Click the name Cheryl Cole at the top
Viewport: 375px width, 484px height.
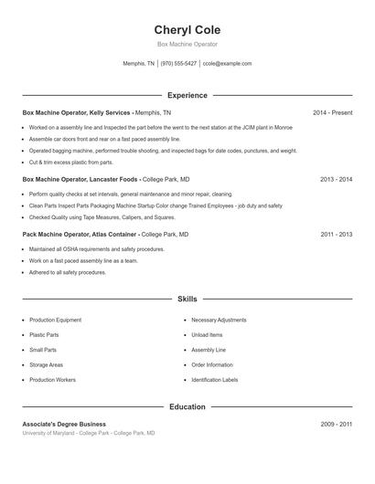click(187, 30)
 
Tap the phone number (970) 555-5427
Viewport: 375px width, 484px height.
click(178, 64)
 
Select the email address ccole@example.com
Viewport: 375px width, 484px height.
click(227, 64)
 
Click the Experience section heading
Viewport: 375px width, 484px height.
click(187, 95)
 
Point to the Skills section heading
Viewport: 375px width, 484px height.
click(187, 299)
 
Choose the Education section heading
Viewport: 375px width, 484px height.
click(187, 406)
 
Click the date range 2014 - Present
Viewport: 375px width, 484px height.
click(332, 112)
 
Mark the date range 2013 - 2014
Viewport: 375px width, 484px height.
click(336, 180)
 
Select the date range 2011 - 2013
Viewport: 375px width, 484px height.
click(336, 234)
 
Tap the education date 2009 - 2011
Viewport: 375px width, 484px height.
click(336, 424)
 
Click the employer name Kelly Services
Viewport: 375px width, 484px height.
click(112, 112)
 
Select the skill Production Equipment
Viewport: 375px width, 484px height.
click(55, 321)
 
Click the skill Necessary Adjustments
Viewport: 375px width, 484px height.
click(219, 321)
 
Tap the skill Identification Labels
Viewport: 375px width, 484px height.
click(214, 379)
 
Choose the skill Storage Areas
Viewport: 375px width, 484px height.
click(46, 364)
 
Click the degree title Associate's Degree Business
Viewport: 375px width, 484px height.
click(64, 424)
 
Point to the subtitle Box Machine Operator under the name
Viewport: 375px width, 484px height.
click(187, 44)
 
